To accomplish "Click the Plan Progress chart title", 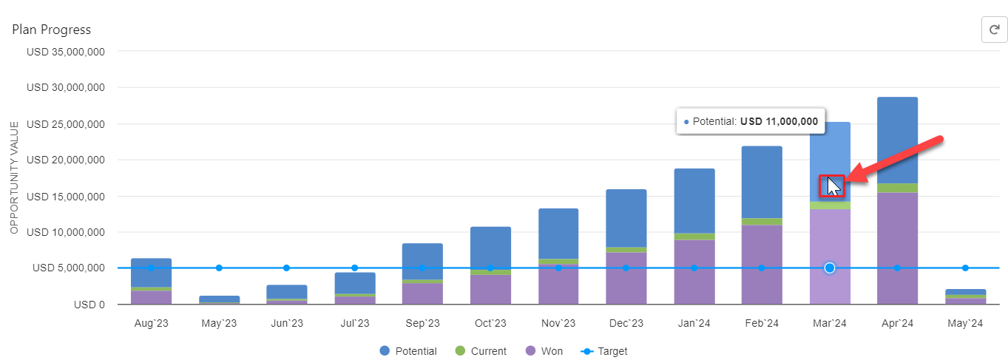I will click(x=52, y=30).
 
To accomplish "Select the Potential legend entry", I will click(x=408, y=351).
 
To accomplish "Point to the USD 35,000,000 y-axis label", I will click(x=66, y=52).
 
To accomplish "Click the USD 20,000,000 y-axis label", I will click(x=66, y=160).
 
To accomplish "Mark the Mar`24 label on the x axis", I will click(x=829, y=323).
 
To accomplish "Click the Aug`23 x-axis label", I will click(x=151, y=323).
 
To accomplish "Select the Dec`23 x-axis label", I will click(x=626, y=323).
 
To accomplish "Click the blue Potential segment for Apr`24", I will click(x=897, y=140).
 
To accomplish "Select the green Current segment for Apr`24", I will click(x=897, y=188).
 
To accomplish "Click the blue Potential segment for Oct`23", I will click(x=490, y=248).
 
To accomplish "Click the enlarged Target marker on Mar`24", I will click(x=829, y=268).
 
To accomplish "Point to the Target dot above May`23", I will click(x=219, y=268).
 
